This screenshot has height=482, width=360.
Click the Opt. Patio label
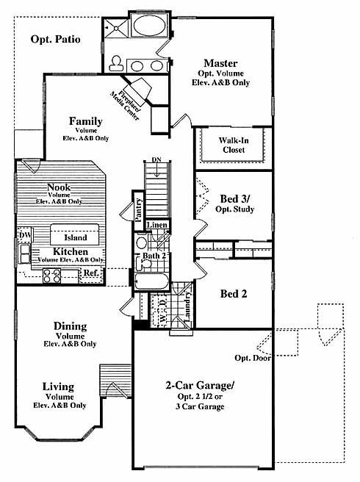(x=56, y=40)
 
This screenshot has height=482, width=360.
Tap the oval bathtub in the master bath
(x=149, y=24)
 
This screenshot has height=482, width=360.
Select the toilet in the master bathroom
(x=116, y=63)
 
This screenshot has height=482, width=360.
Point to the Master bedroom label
(x=220, y=63)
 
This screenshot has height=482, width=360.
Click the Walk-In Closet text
(x=234, y=145)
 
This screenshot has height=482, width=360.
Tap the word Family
(x=85, y=121)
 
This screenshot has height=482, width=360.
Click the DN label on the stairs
(x=156, y=160)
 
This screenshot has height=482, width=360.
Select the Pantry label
(x=138, y=210)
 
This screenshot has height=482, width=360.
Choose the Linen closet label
(x=157, y=225)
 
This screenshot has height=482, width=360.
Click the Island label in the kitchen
(x=76, y=237)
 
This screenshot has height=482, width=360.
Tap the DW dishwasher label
(x=25, y=235)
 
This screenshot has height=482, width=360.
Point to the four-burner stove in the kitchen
(x=51, y=276)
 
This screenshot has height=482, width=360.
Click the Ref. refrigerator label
(x=91, y=273)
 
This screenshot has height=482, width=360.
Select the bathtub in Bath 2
(x=151, y=281)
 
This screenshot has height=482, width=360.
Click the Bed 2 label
(x=234, y=294)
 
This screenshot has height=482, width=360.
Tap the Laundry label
(x=187, y=306)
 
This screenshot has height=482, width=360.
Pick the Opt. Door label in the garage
(x=253, y=358)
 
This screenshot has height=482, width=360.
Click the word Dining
(x=70, y=326)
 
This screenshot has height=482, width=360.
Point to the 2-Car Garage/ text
(x=200, y=385)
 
